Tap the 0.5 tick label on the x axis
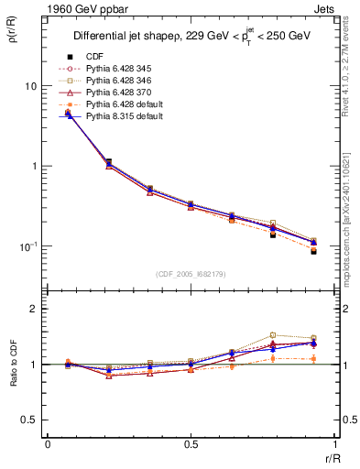pos(191,444)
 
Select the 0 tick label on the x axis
pos(48,444)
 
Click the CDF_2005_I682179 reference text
pos(191,274)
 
